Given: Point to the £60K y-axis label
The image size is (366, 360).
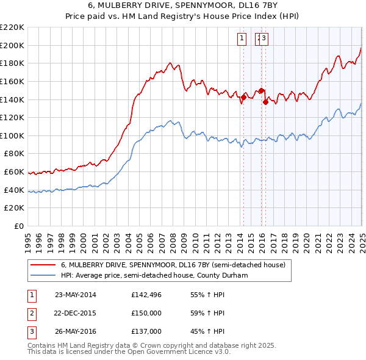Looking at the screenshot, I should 14,172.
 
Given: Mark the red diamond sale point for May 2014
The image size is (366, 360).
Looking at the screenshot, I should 243,96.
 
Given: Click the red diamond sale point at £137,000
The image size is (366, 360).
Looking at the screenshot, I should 266,102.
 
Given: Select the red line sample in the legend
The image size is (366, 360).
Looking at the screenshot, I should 43,265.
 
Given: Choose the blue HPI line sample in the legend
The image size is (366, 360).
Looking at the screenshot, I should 43,276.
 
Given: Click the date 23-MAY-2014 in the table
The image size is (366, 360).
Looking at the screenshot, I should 76,295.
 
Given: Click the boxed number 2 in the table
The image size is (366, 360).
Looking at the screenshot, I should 30,313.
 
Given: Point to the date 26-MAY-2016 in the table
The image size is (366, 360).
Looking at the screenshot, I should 76,331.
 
